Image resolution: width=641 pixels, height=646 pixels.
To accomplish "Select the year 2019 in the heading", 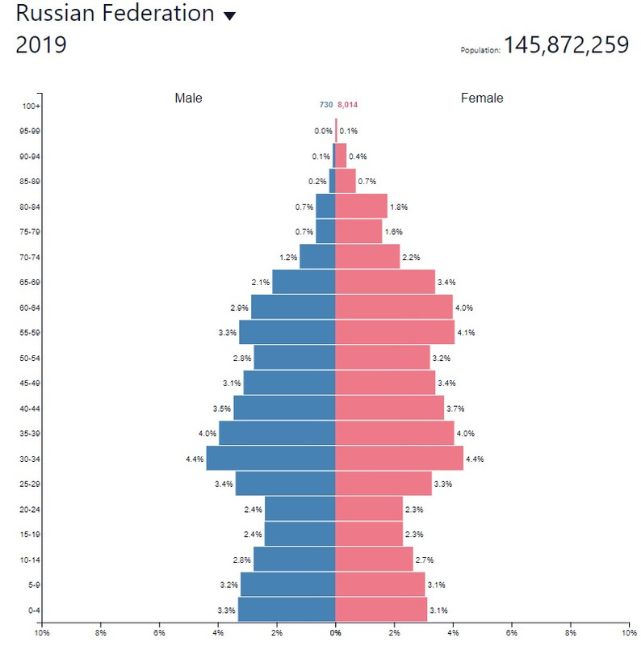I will tap(41, 45).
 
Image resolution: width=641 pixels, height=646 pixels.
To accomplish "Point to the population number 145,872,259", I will tap(566, 45).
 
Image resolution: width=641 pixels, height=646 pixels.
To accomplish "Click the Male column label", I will tap(188, 99).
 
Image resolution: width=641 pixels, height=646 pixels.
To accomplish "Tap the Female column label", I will tap(482, 99).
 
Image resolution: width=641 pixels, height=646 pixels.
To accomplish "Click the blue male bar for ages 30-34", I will tap(270, 459).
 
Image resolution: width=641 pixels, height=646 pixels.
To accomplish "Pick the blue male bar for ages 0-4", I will tap(287, 610).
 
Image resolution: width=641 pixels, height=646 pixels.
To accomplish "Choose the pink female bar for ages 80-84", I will tap(361, 207).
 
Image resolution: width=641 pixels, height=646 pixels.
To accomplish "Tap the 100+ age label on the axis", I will tap(31, 106).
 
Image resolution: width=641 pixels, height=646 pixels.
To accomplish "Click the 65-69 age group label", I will tap(31, 283).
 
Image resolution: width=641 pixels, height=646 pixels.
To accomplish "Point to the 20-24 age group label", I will tap(31, 510).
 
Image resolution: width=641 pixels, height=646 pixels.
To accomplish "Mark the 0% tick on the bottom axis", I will tap(335, 633).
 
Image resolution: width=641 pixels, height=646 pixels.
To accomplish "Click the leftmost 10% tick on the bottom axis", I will tap(43, 633).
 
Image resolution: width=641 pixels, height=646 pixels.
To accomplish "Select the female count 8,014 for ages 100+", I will tap(348, 105).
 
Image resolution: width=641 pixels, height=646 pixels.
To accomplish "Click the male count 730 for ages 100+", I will tap(326, 105).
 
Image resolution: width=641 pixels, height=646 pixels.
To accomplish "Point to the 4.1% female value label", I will tap(466, 333).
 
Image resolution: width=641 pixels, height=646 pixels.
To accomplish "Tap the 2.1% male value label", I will tap(261, 283).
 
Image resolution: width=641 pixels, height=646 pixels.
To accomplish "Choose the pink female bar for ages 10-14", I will tap(374, 560).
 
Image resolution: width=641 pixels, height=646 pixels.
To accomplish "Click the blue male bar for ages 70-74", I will tap(317, 257).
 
